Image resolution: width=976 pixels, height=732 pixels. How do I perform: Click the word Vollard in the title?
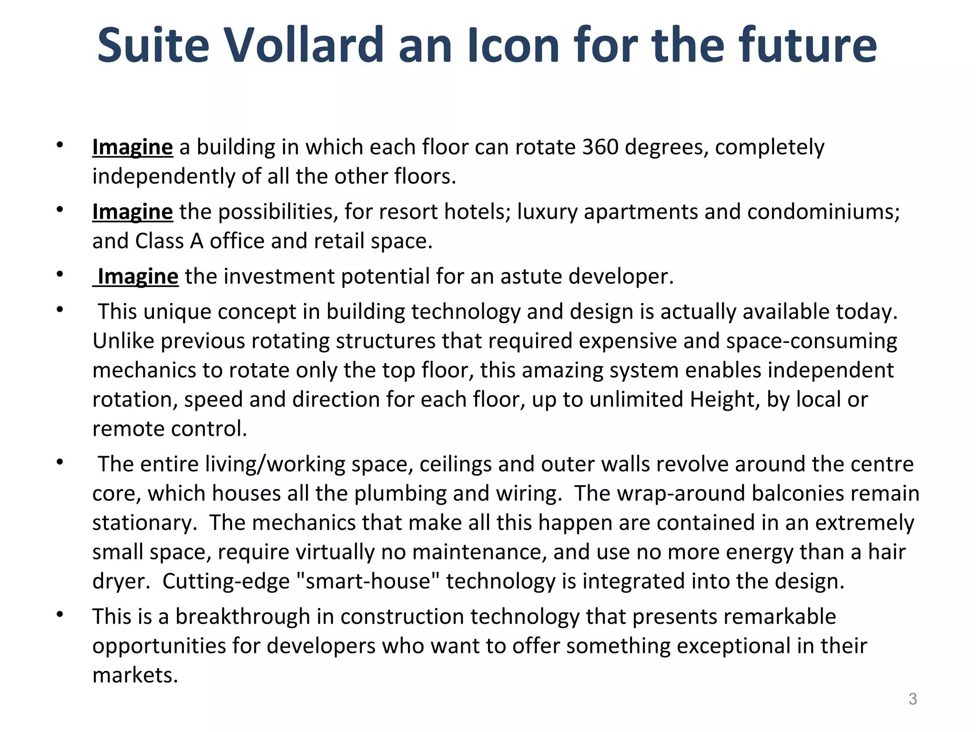tap(304, 45)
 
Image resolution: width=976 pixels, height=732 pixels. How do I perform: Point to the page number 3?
tap(913, 699)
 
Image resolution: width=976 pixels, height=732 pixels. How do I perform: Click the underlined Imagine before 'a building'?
tap(132, 147)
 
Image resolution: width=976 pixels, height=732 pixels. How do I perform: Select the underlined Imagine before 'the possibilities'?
tap(132, 212)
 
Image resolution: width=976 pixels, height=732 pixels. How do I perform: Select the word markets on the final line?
tap(135, 675)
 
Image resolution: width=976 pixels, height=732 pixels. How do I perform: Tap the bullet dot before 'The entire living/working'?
tap(60, 462)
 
